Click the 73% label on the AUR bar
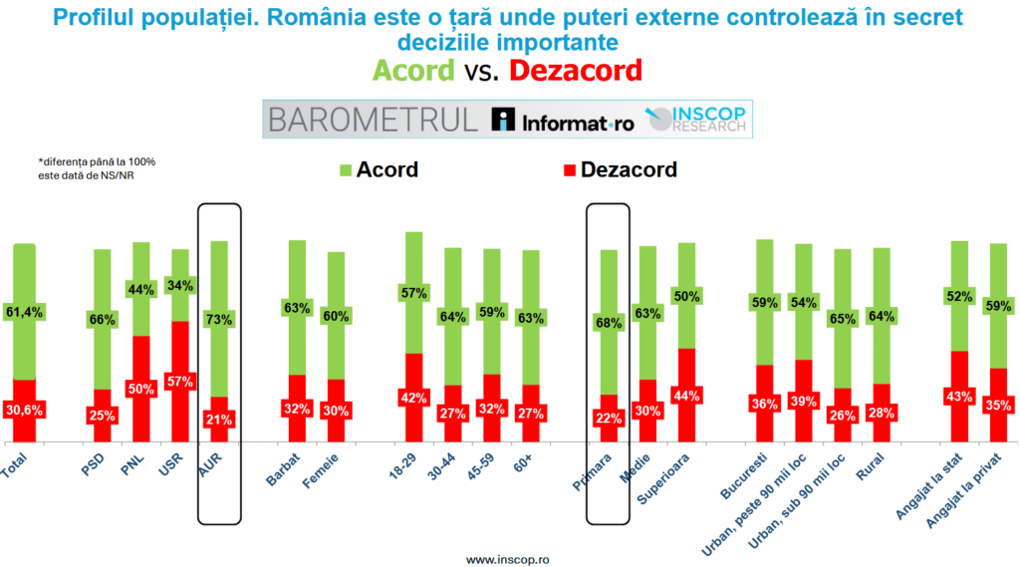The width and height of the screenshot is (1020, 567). point(219,320)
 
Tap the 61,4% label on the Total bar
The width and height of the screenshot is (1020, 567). point(23,312)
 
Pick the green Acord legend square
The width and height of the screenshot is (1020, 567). point(346,169)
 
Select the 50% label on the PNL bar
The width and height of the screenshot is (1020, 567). point(140,390)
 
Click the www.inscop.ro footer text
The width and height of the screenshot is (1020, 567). point(509,559)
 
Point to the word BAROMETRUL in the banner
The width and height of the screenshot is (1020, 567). point(372,120)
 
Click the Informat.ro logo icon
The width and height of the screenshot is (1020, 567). point(504,121)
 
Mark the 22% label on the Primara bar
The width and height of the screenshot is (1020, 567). point(609,419)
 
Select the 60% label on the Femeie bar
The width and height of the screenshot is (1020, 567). point(336,317)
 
